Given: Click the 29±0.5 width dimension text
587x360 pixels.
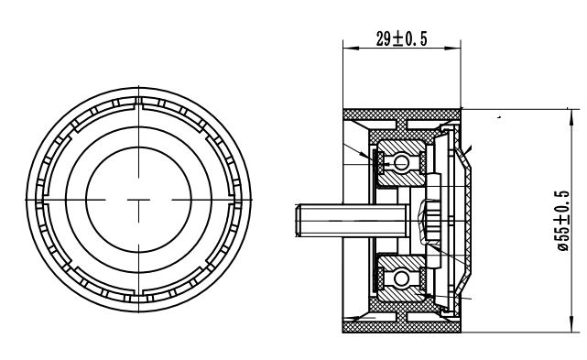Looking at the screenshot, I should coord(403,38).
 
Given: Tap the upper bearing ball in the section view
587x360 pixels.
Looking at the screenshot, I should coord(401,162).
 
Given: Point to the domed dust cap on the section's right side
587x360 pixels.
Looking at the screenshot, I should coord(472,220).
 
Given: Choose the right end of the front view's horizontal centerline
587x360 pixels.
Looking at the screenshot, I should coord(253,199).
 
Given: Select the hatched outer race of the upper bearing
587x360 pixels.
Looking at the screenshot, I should coord(401,145).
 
